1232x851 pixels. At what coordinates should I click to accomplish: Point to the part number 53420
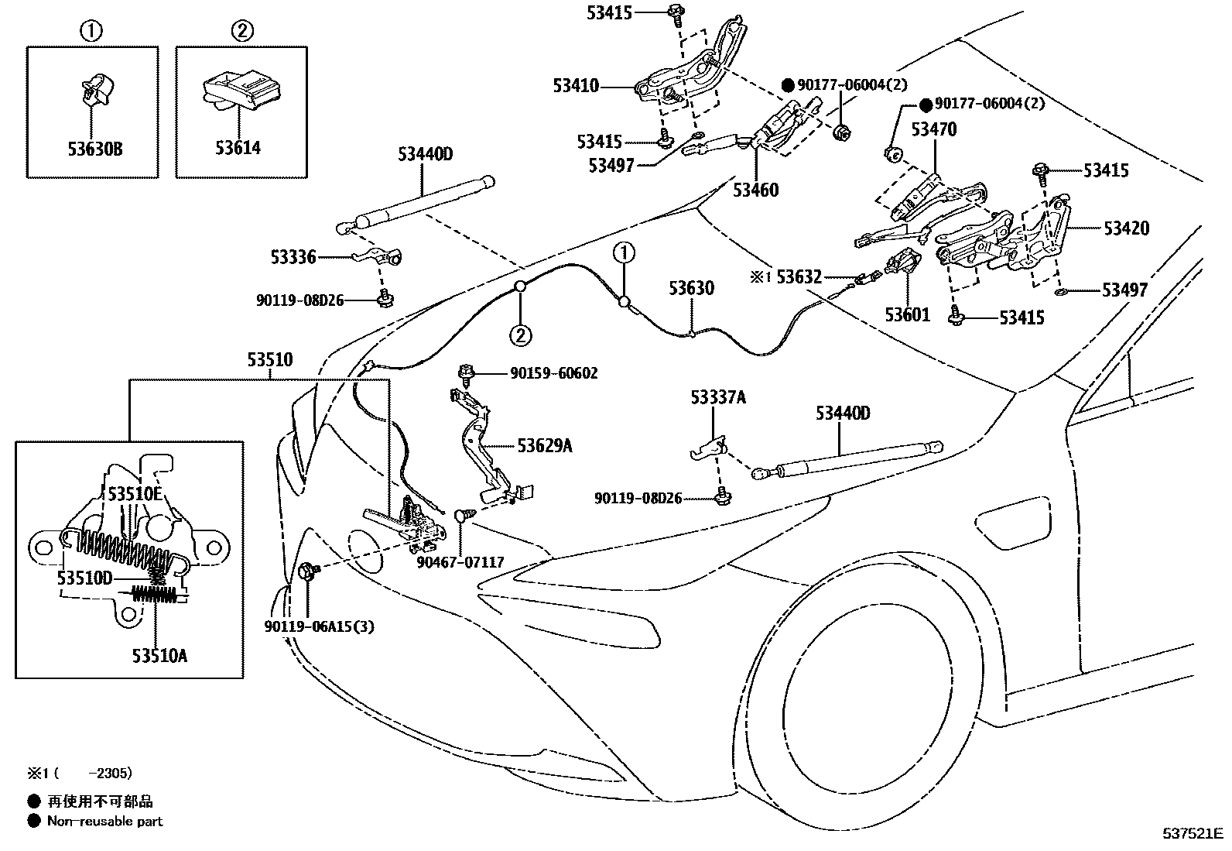(x=1126, y=228)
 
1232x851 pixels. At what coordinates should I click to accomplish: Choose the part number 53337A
(x=718, y=398)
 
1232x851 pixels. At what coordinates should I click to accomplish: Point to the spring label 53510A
(x=159, y=656)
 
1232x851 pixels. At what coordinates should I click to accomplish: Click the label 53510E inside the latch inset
(x=135, y=494)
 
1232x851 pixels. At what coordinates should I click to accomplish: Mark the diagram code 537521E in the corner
(x=1192, y=834)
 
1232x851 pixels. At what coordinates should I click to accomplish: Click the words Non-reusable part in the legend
(x=104, y=821)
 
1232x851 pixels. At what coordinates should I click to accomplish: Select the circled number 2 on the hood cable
(x=520, y=335)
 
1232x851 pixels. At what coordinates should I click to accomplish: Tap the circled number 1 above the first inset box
(x=91, y=32)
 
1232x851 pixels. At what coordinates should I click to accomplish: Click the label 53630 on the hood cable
(x=691, y=289)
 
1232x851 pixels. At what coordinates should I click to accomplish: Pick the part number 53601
(x=908, y=314)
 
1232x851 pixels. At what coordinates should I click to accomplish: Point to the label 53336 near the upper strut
(x=293, y=256)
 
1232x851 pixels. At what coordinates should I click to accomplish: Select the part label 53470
(x=933, y=129)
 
